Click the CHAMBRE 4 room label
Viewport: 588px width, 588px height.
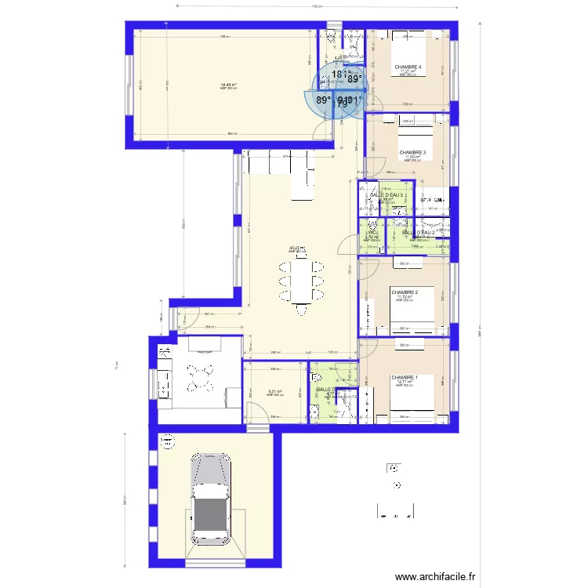[x=408, y=67]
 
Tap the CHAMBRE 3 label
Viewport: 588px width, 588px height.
[x=412, y=152]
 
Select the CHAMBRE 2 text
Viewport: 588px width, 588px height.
[x=405, y=292]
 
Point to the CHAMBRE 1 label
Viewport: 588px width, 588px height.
[x=405, y=377]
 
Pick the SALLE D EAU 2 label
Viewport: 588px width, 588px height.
[x=418, y=233]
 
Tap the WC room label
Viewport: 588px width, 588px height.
[x=372, y=233]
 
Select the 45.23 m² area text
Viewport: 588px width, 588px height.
[x=296, y=249]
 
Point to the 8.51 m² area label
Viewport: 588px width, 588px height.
[x=274, y=391]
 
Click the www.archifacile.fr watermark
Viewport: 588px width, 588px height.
[x=435, y=577]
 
